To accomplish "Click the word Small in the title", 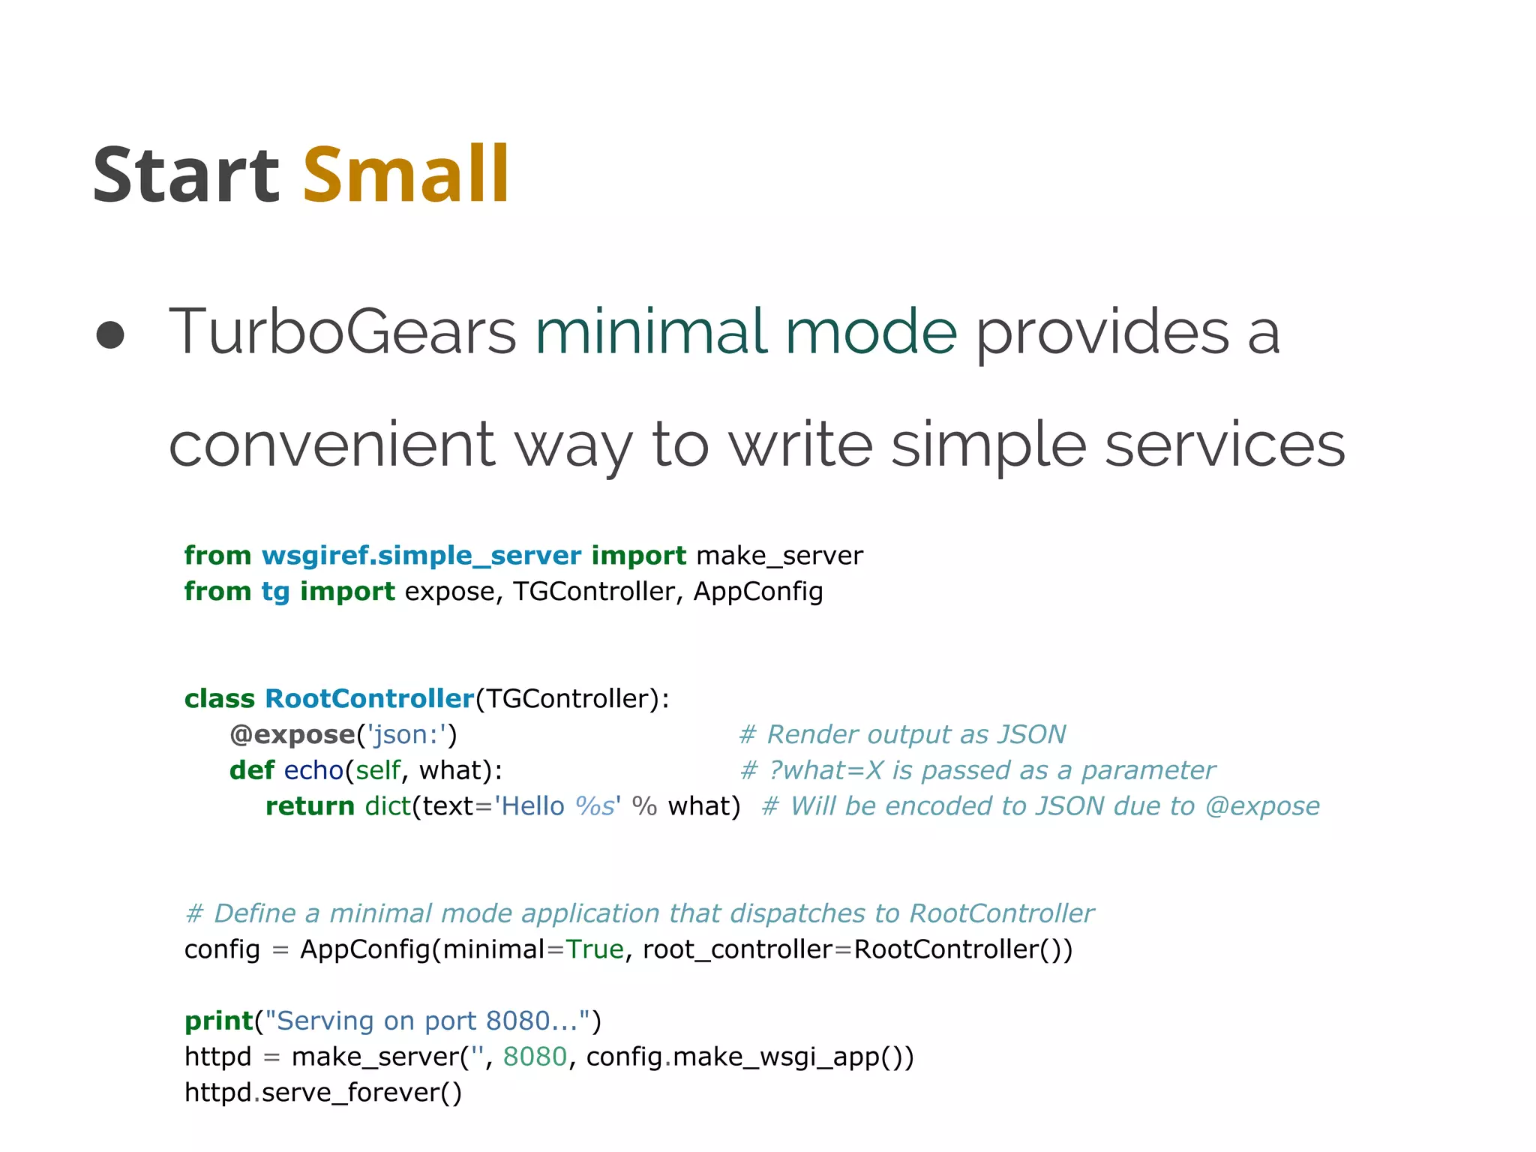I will [x=406, y=175].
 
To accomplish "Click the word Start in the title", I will [x=185, y=175].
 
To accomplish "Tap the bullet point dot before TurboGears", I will [x=110, y=335].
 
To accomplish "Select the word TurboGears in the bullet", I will [x=342, y=332].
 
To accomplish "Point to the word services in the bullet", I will [x=1225, y=445].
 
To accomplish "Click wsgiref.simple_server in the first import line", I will [x=421, y=556].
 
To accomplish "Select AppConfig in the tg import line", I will [x=757, y=592].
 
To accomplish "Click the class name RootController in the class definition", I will [x=369, y=699].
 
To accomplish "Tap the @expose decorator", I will [x=292, y=735].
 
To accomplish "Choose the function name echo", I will [x=313, y=771].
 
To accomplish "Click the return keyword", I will [x=310, y=806].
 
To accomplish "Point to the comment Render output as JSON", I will [x=902, y=735].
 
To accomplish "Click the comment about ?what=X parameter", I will [x=977, y=771].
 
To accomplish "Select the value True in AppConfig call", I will [x=595, y=949].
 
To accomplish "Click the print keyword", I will [x=218, y=1021].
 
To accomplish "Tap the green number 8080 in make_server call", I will [x=535, y=1057].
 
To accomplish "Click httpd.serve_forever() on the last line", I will [x=323, y=1093].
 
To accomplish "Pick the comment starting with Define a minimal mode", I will [x=639, y=914].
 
